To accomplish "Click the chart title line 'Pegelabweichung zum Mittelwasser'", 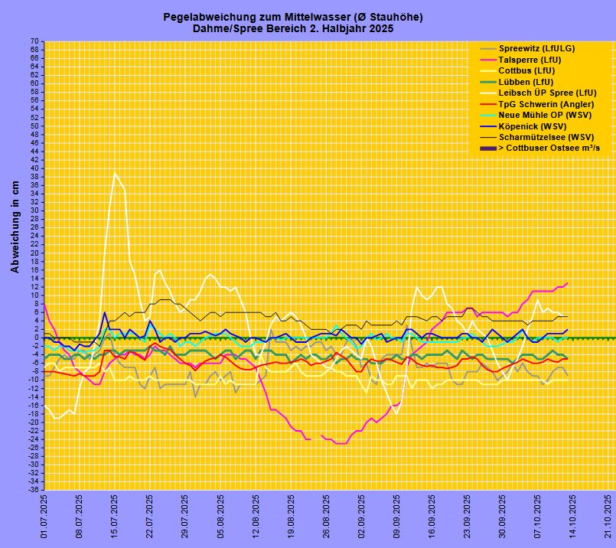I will click(x=292, y=17).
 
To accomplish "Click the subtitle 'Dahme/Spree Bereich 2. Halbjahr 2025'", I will click(x=292, y=28).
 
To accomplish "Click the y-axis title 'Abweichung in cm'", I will click(x=15, y=227).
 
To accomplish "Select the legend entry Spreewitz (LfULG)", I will click(x=536, y=48).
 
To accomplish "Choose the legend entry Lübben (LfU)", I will click(x=526, y=82).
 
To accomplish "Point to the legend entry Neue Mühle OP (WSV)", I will click(x=543, y=115).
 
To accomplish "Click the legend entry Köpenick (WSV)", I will click(x=532, y=126).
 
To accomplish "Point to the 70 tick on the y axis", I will click(x=34, y=41).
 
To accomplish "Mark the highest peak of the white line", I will click(x=115, y=173).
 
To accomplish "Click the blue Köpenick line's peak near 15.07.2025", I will click(x=105, y=312).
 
